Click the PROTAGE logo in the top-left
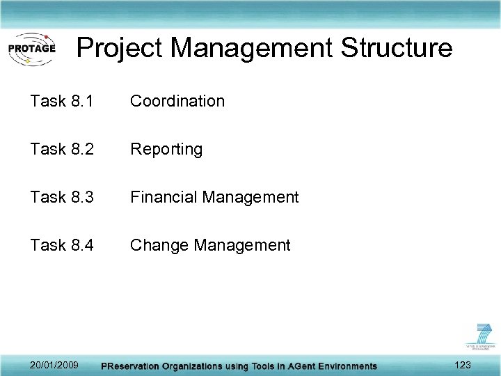click(x=31, y=49)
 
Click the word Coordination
click(x=177, y=101)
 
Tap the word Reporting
click(x=166, y=150)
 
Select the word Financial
click(x=164, y=197)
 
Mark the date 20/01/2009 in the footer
click(x=54, y=365)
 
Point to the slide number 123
click(x=462, y=365)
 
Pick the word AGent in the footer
click(x=292, y=366)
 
